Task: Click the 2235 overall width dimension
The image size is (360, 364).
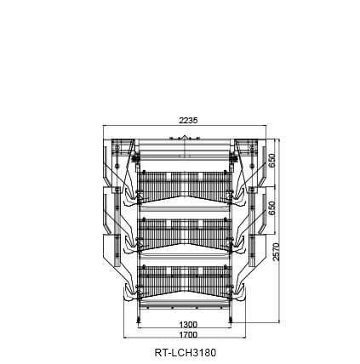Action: click(x=188, y=121)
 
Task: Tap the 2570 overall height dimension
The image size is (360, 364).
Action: click(x=276, y=252)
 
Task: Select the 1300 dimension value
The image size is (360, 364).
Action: click(x=188, y=324)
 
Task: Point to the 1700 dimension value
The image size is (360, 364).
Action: click(x=188, y=335)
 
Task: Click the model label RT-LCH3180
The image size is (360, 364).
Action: click(x=186, y=353)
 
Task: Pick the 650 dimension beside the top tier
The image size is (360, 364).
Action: click(x=272, y=161)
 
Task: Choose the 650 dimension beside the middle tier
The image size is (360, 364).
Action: click(x=272, y=208)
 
